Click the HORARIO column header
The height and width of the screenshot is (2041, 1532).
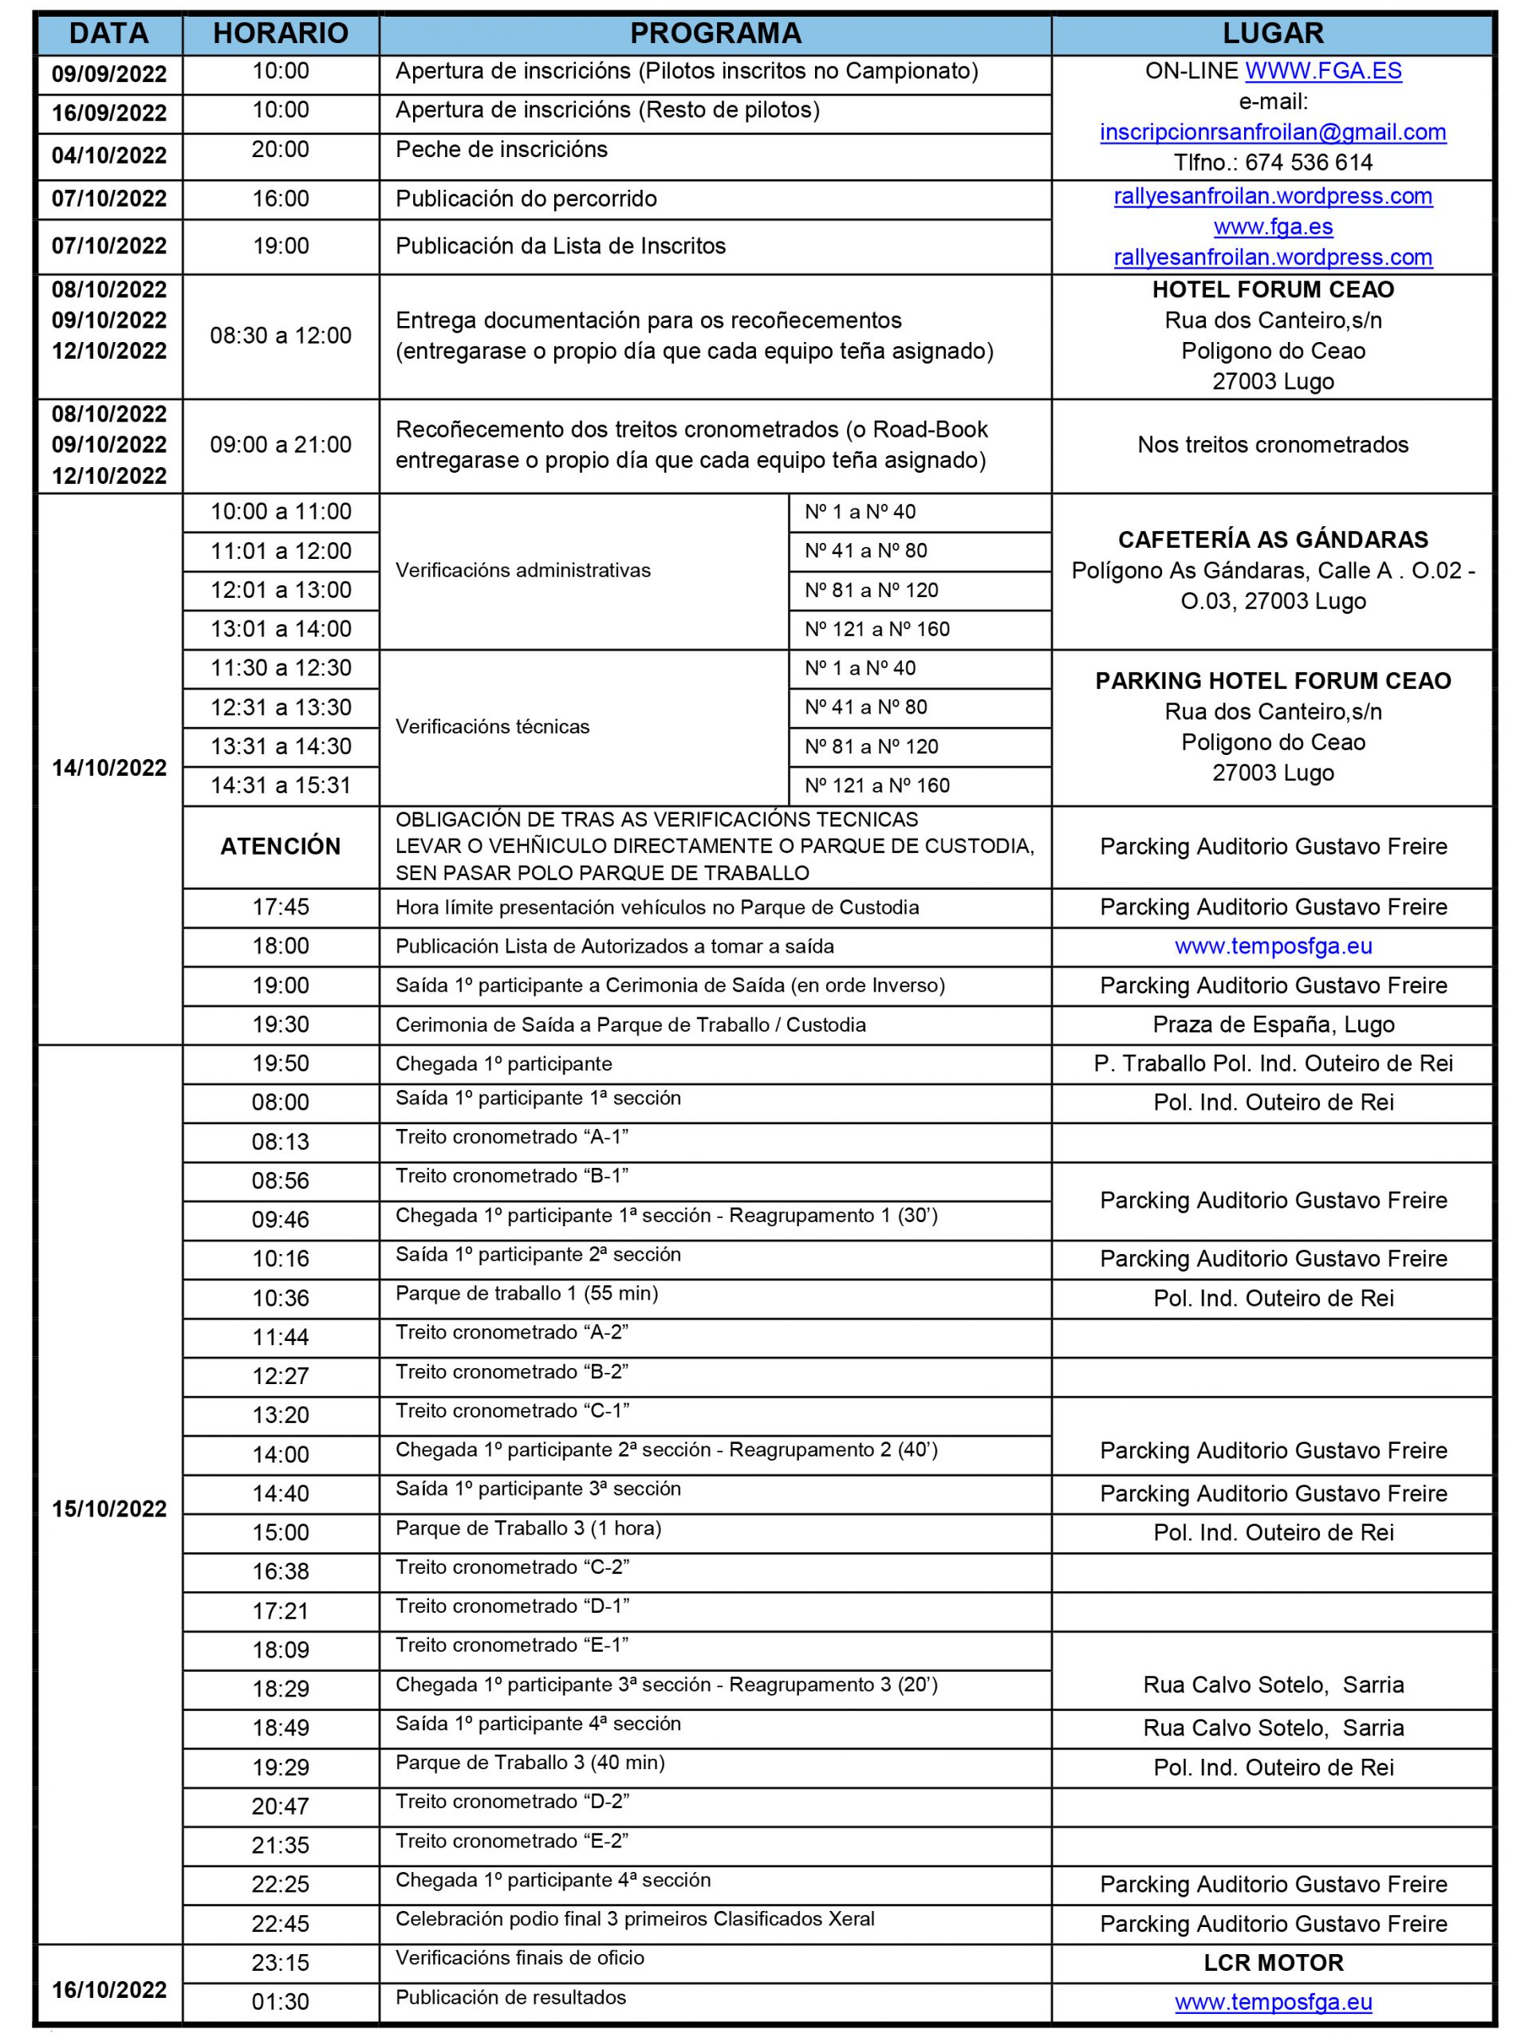[x=281, y=33]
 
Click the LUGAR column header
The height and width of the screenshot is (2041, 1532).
[x=1273, y=33]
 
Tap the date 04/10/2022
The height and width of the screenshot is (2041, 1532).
[x=109, y=155]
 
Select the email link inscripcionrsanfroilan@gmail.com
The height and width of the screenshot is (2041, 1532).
[x=1273, y=132]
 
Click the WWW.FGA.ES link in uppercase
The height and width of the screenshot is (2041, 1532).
[x=1323, y=71]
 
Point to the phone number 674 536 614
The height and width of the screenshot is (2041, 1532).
[x=1309, y=163]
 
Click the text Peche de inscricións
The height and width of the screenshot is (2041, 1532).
[x=501, y=149]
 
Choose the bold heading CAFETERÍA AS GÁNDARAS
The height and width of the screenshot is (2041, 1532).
[x=1273, y=540]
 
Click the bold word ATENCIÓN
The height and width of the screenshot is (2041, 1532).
[x=281, y=846]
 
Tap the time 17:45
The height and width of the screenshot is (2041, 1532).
[x=281, y=907]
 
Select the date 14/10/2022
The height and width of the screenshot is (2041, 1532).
[x=109, y=768]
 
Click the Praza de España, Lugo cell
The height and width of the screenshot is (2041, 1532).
[x=1273, y=1024]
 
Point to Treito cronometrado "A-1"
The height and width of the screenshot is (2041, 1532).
[x=512, y=1138]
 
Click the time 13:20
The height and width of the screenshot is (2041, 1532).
[x=281, y=1414]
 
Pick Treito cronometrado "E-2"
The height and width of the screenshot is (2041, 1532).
[x=512, y=1841]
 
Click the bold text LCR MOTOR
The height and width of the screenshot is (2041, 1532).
[x=1273, y=1963]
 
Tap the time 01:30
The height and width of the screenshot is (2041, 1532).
[x=281, y=2001]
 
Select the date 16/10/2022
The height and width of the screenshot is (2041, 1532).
[x=109, y=1990]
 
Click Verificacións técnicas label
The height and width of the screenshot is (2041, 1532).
[x=492, y=727]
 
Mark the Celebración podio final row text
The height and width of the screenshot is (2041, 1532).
[x=635, y=1919]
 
